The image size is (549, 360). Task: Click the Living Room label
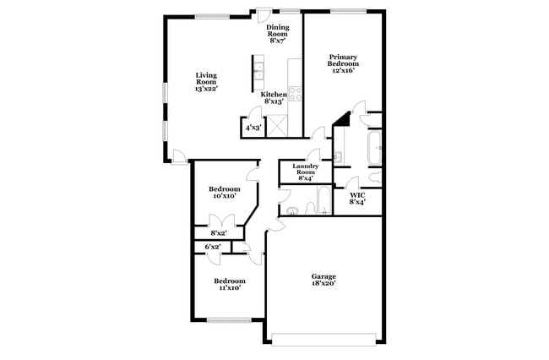tap(207, 82)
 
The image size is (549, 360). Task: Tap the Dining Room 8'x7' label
tap(278, 34)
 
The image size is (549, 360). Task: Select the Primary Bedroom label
tap(343, 63)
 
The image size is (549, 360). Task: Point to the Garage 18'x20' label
tap(323, 281)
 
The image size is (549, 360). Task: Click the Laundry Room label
tap(306, 172)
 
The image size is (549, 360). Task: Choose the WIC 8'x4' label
tap(357, 199)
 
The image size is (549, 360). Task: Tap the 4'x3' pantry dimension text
tap(253, 128)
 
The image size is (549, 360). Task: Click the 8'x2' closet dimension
tap(219, 233)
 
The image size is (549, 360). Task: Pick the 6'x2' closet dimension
tap(213, 247)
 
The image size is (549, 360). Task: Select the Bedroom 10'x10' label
tap(225, 193)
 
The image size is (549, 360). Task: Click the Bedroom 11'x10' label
tap(230, 284)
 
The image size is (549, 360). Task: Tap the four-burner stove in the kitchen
tap(295, 94)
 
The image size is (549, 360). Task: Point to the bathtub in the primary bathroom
tap(375, 148)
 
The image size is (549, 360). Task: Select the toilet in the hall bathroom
tap(310, 208)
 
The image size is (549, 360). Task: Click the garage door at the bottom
tap(323, 340)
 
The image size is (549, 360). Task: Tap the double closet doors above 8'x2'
tap(221, 221)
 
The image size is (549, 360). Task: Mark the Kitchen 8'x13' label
tap(274, 98)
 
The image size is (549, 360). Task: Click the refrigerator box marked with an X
tap(277, 126)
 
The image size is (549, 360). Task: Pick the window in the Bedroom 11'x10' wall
tap(229, 320)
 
